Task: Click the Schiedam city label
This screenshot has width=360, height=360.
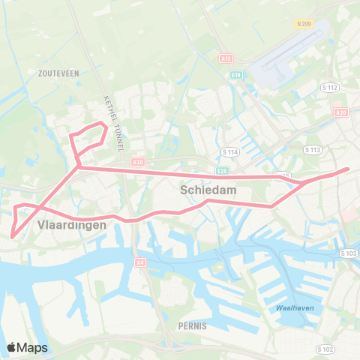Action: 208,190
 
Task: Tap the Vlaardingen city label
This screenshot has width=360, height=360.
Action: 71,225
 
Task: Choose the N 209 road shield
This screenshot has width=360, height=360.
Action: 303,24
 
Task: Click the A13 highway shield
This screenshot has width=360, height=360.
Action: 226,58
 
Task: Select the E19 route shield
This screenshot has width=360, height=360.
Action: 236,75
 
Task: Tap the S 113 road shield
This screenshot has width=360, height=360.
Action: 313,150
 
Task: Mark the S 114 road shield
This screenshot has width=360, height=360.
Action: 229,151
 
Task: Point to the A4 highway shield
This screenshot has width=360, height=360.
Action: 140,262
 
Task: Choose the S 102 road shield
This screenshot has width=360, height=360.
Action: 325,349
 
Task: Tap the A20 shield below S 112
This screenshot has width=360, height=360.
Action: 342,112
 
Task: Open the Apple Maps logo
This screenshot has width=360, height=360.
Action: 27,347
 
